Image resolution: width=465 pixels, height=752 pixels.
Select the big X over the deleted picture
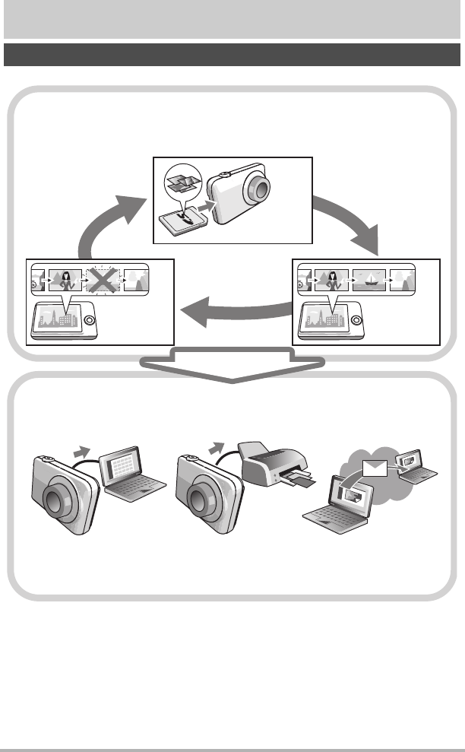(x=101, y=281)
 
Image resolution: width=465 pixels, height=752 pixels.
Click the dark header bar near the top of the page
(x=232, y=55)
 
